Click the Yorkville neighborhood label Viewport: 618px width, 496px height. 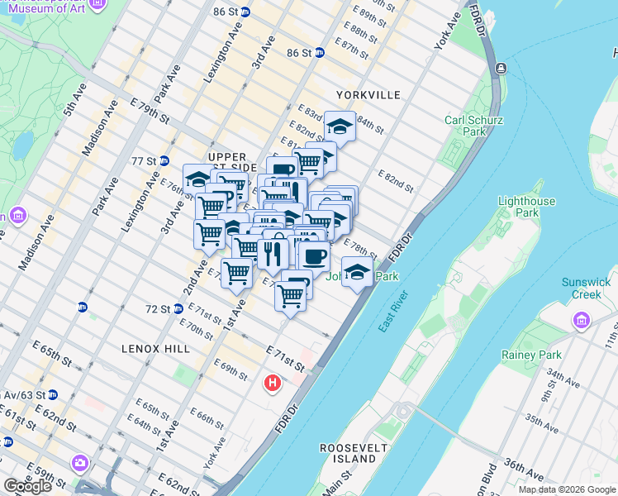point(368,95)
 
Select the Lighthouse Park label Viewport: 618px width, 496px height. point(526,207)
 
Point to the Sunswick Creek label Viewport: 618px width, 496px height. point(586,288)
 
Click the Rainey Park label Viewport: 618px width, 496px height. point(531,355)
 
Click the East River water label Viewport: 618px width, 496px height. point(395,312)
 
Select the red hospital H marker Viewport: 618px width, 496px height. point(272,384)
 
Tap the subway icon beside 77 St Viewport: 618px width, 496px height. point(164,160)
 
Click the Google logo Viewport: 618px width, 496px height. point(27,486)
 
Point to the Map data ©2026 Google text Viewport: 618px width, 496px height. point(567,489)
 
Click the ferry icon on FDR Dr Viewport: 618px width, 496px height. point(501,69)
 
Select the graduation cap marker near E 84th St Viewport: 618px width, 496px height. point(340,126)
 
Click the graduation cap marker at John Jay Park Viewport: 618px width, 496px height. point(357,271)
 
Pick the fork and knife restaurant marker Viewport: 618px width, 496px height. point(270,252)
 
